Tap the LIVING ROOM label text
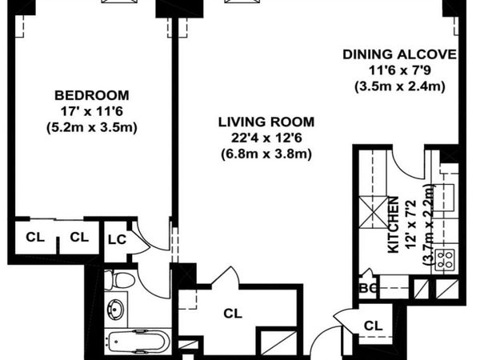click(266, 122)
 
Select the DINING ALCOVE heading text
click(399, 54)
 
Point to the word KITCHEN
click(394, 225)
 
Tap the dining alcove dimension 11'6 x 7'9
click(399, 70)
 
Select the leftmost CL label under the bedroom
click(35, 237)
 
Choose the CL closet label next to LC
click(78, 237)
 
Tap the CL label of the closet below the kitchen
click(372, 325)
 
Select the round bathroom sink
click(117, 308)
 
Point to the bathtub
click(136, 342)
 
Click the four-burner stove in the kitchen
click(444, 259)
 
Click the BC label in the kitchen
click(368, 286)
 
